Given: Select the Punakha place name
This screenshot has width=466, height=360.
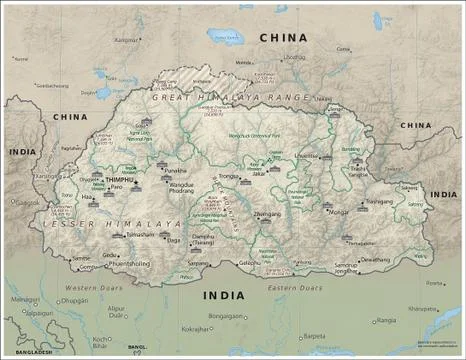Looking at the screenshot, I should [x=175, y=171].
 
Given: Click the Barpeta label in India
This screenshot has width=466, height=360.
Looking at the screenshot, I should [x=315, y=337].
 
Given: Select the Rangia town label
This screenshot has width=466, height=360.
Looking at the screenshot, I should [x=387, y=320].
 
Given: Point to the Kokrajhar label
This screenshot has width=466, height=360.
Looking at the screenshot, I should [x=197, y=328].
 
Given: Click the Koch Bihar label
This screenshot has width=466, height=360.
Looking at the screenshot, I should [x=100, y=342].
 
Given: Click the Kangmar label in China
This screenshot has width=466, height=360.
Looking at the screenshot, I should [x=126, y=40].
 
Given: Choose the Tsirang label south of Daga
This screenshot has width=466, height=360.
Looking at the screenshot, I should [x=203, y=242].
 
